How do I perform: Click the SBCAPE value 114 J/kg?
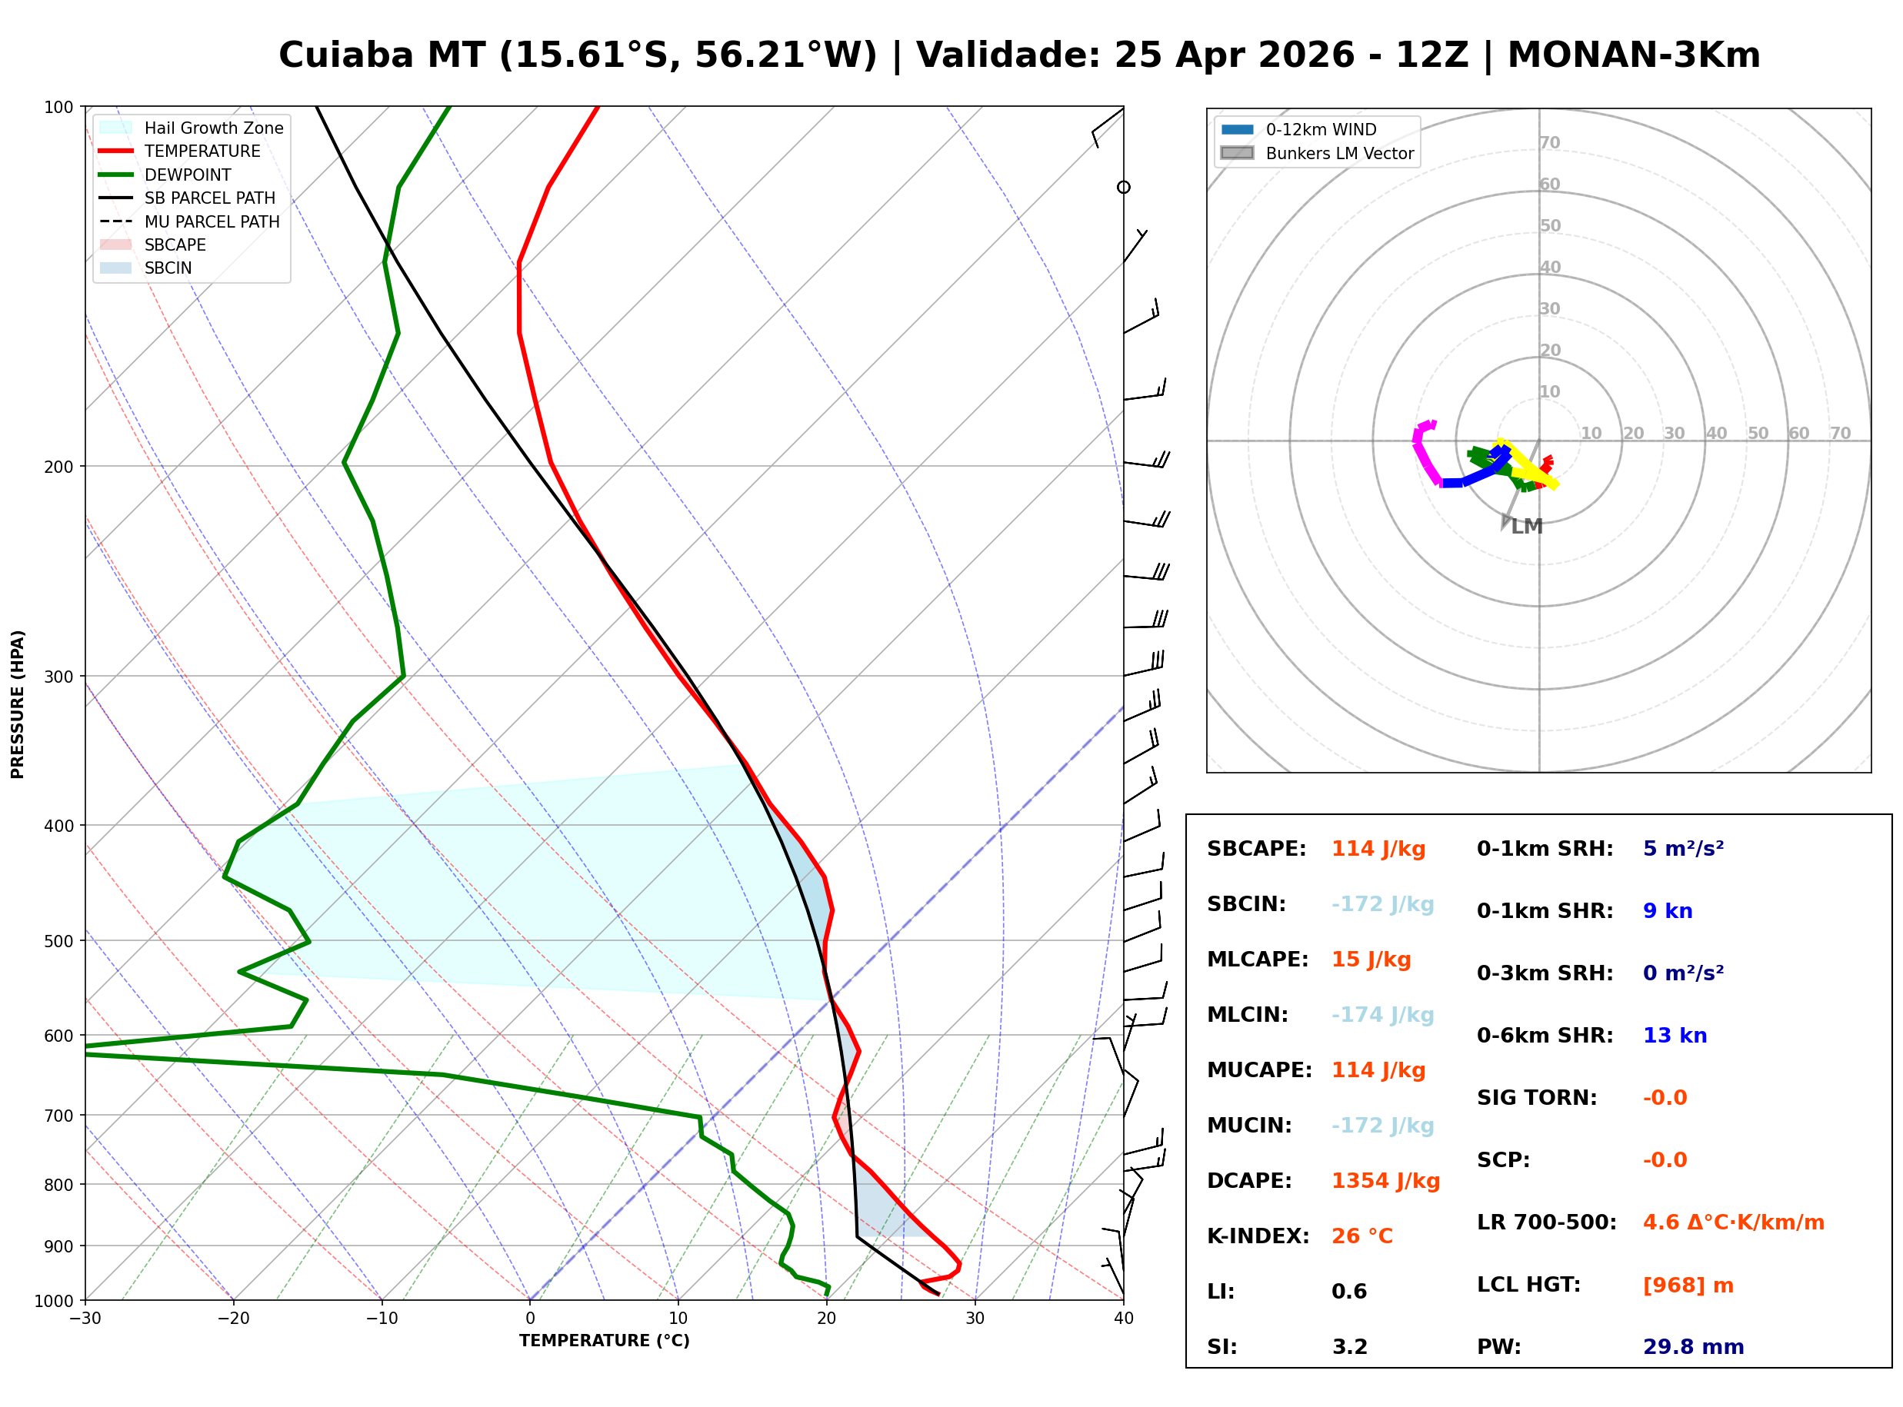(1378, 849)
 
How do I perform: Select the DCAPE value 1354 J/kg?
(1385, 1181)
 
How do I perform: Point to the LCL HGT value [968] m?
(1688, 1286)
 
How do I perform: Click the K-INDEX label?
(1258, 1236)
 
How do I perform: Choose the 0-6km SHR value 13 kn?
(1675, 1036)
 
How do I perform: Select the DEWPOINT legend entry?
(188, 175)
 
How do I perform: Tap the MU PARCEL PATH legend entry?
(212, 222)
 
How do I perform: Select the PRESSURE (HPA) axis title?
(18, 704)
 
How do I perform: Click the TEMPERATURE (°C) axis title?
(604, 1342)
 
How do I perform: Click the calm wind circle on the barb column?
(1124, 188)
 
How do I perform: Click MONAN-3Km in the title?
(1633, 55)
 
